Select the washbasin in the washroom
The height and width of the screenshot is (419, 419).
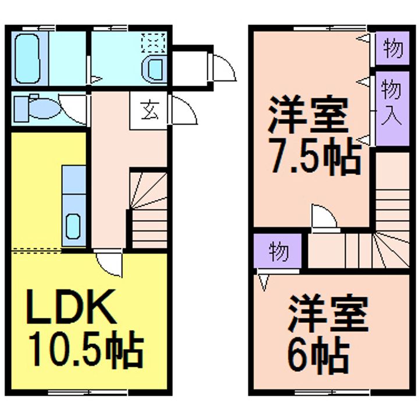pyautogui.click(x=155, y=70)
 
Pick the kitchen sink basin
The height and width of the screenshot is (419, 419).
pyautogui.click(x=74, y=226)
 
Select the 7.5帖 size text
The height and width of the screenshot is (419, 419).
pyautogui.click(x=314, y=157)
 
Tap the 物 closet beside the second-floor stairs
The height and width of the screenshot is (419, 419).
pyautogui.click(x=278, y=251)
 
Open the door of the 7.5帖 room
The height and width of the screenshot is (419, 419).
pyautogui.click(x=324, y=219)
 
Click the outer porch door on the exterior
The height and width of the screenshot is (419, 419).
pyautogui.click(x=224, y=68)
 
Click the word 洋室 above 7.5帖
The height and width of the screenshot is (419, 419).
pyautogui.click(x=308, y=117)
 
